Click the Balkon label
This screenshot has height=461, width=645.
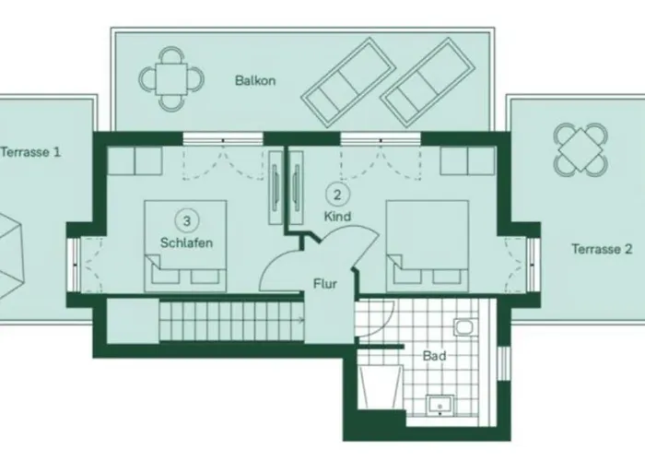[255, 80]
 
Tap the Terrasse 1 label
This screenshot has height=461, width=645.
[30, 152]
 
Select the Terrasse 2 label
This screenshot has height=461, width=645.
[602, 249]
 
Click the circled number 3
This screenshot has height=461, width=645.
[187, 221]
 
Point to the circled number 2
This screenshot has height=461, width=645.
[337, 195]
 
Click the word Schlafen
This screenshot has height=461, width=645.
[186, 242]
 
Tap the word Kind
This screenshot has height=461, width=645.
[337, 217]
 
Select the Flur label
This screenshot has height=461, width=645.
[325, 284]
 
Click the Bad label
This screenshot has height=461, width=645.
[434, 356]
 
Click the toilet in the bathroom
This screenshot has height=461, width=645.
[465, 327]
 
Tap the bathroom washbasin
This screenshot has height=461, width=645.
[440, 406]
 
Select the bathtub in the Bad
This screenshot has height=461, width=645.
[380, 387]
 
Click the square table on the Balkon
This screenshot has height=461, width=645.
[171, 79]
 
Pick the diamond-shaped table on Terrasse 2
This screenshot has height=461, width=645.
[580, 149]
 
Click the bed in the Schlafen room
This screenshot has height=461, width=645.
[185, 246]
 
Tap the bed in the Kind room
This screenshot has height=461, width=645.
[428, 246]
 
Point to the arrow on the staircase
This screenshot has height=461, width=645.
[301, 319]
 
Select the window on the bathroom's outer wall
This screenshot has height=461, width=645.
[502, 363]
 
